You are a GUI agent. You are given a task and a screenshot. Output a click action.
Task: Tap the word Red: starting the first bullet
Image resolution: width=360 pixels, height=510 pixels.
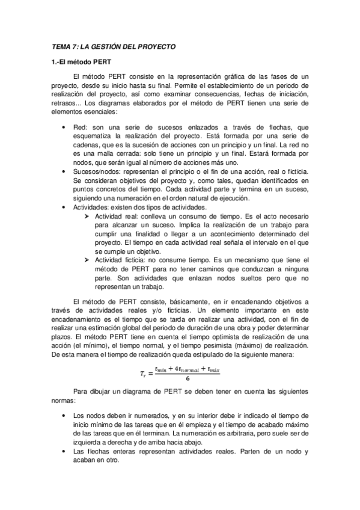coord(79,127)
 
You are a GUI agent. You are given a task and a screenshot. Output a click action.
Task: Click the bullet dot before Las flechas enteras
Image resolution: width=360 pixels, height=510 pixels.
coord(64,452)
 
